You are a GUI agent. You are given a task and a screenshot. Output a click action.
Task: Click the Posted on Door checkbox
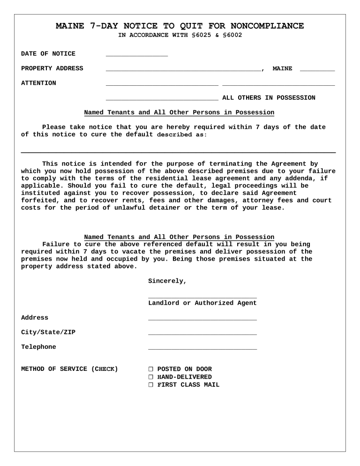point(151,369)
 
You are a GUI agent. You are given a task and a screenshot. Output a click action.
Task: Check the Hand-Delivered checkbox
point(151,377)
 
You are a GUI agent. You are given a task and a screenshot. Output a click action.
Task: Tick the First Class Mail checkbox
point(151,385)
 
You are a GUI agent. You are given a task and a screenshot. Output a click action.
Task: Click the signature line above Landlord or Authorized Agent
point(202,297)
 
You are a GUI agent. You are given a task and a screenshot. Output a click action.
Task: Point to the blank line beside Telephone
point(202,348)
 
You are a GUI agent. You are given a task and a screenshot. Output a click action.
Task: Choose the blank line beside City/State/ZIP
point(202,334)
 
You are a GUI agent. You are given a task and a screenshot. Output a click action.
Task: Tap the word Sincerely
point(167,281)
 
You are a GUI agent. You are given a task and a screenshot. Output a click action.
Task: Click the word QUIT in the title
point(207,26)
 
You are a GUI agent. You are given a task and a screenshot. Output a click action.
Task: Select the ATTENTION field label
point(38,83)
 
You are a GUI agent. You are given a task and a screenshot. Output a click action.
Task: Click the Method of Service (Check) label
point(69,369)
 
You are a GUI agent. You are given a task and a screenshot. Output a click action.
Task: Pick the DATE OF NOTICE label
point(48,54)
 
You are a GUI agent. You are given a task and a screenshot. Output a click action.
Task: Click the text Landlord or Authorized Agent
point(202,303)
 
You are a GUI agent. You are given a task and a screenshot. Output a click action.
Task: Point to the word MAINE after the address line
point(282,69)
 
